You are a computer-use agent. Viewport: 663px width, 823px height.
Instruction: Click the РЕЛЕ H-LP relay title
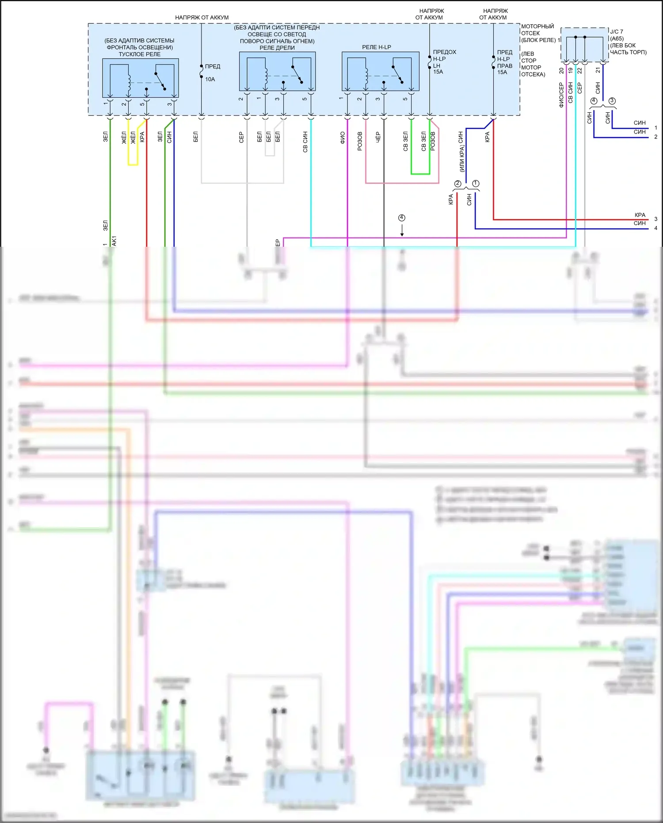click(376, 47)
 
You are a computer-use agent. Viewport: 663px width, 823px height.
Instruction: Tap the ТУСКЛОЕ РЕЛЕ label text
click(139, 54)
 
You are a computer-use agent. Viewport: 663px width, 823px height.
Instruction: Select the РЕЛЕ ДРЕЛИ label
click(277, 48)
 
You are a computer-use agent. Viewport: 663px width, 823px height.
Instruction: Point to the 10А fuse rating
click(210, 80)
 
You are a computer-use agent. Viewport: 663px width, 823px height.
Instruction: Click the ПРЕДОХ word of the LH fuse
click(444, 52)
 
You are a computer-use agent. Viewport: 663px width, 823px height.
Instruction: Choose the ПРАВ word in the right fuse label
click(504, 66)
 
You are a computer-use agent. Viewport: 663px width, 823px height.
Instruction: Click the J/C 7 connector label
click(616, 32)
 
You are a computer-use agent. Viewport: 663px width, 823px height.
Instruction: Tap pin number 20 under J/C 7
click(561, 70)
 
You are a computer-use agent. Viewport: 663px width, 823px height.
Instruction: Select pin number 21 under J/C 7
click(598, 70)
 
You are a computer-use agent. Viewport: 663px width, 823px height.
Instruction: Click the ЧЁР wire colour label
click(378, 137)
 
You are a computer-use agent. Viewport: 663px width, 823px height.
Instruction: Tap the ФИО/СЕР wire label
click(561, 95)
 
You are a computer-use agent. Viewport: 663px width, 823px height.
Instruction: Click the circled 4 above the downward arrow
click(401, 218)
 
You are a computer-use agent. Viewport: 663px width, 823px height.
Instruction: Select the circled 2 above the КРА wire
click(457, 184)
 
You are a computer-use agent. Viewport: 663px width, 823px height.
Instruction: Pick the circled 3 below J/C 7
click(612, 101)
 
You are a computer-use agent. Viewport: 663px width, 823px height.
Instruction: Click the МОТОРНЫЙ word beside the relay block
click(537, 27)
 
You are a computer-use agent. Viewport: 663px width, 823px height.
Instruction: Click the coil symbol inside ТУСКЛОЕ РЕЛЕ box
click(129, 80)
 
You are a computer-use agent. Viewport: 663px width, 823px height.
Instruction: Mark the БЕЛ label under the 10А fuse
click(195, 137)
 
